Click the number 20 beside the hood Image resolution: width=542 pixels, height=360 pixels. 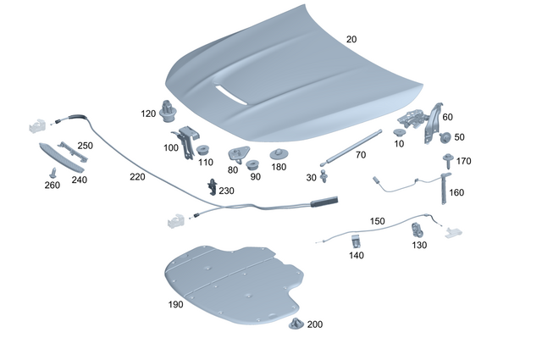[x=351, y=40]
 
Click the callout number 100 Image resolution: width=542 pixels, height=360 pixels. [x=171, y=148]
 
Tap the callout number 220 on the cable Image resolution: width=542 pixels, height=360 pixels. [x=137, y=177]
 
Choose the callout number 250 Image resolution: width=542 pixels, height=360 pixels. [x=85, y=146]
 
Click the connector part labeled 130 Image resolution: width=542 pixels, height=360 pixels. [x=418, y=229]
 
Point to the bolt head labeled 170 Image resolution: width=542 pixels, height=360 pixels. [x=445, y=159]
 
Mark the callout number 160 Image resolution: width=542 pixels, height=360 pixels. [x=456, y=192]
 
